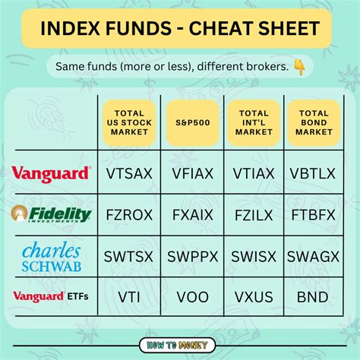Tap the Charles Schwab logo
pos(52,256)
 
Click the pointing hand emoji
pos(299,67)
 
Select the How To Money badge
pos(180,343)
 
